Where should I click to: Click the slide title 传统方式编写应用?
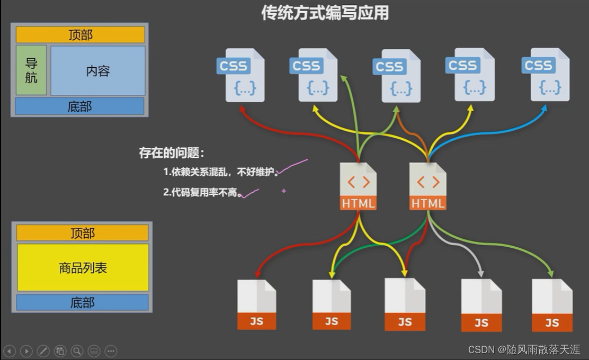[325, 13]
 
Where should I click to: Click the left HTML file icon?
[359, 186]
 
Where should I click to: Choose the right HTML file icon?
[428, 186]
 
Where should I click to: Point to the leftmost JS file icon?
[256, 304]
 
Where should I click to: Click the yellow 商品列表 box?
[83, 267]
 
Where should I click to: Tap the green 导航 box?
[31, 70]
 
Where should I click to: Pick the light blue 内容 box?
[98, 70]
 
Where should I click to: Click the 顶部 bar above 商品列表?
[83, 233]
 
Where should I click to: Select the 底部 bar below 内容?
[79, 106]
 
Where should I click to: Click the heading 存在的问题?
[172, 154]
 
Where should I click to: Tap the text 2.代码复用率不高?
[202, 193]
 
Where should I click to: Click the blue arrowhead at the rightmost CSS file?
[545, 107]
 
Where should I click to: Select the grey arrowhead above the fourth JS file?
[481, 274]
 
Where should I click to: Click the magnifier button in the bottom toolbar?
[77, 350]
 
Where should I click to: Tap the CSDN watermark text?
[524, 349]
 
